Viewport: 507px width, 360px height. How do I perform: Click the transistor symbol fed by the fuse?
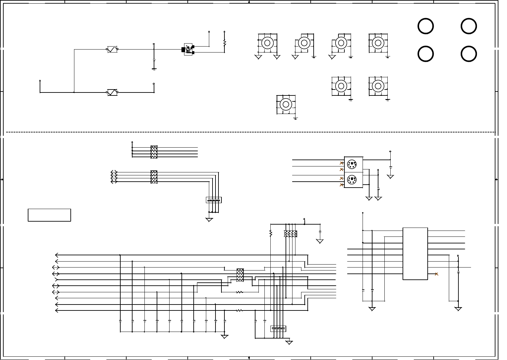(188, 50)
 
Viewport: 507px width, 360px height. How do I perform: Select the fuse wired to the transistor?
(112, 49)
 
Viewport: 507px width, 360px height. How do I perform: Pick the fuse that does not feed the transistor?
(112, 92)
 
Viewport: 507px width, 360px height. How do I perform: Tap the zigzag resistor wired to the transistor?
(224, 43)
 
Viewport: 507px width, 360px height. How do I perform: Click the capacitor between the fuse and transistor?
(154, 60)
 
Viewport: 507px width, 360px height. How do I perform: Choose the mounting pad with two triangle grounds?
(267, 43)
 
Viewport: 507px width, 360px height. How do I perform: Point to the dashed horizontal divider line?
(251, 132)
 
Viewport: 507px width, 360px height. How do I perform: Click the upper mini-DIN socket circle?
(352, 164)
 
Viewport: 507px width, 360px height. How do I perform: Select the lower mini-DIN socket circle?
(352, 180)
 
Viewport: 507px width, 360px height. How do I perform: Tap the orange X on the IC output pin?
(437, 274)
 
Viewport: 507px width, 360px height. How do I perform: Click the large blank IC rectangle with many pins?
(415, 254)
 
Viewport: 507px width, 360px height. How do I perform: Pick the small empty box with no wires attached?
(49, 215)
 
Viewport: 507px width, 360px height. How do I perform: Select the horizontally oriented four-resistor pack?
(291, 234)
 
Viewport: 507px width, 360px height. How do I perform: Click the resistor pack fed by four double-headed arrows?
(154, 177)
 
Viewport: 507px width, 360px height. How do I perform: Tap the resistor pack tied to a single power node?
(154, 152)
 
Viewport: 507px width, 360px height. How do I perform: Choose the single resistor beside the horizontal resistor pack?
(271, 234)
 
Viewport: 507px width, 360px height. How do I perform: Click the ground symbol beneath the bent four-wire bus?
(209, 220)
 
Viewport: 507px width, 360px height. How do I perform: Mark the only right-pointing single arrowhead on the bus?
(56, 280)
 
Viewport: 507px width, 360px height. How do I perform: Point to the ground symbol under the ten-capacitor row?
(224, 337)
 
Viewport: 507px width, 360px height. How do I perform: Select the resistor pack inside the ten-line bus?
(240, 275)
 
